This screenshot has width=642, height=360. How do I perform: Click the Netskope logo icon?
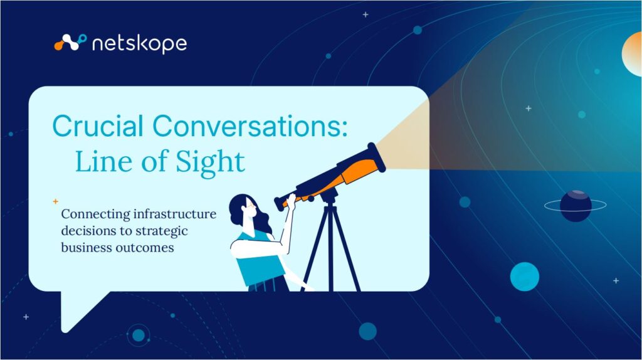click(x=70, y=43)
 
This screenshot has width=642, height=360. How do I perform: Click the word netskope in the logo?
click(x=140, y=44)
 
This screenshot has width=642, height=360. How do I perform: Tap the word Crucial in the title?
click(x=98, y=125)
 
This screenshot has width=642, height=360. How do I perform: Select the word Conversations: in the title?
click(x=250, y=125)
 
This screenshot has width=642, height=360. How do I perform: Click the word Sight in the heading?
click(x=211, y=161)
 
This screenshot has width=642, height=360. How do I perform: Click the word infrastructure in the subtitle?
click(x=175, y=214)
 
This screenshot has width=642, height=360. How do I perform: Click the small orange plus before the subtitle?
click(x=56, y=201)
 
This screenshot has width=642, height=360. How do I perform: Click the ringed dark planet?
click(x=576, y=206)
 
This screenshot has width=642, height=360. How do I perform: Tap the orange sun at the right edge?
click(x=632, y=55)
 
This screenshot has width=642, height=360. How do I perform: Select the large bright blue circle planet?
click(x=525, y=277)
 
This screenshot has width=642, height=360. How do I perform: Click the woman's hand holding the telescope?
click(x=291, y=201)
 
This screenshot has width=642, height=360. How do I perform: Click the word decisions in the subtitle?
click(x=88, y=231)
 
